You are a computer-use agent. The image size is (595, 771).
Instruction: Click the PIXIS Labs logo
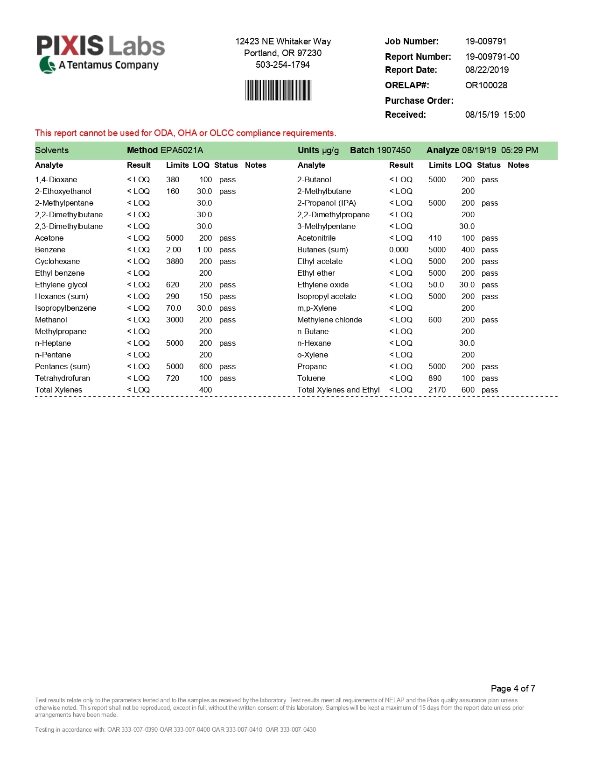tap(100, 54)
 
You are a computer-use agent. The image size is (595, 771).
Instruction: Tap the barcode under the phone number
tap(279, 90)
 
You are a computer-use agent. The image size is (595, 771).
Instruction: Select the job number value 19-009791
tap(486, 42)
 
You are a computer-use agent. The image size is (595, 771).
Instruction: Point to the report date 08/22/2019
tap(487, 70)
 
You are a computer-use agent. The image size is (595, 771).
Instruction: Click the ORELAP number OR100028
tap(486, 86)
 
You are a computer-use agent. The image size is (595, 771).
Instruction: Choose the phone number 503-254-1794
tap(282, 65)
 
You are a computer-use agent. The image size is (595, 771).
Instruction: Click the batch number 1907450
tap(393, 150)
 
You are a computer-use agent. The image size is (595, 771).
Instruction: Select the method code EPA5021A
tap(182, 150)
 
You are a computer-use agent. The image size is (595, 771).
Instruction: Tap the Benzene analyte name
tap(50, 250)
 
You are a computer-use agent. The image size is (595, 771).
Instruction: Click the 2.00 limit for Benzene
tap(174, 250)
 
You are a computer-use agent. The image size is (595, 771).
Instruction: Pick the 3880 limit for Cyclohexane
tap(175, 262)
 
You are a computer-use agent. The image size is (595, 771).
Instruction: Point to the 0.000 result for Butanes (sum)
tap(399, 250)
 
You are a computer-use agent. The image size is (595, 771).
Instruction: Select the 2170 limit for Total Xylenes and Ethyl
tap(437, 390)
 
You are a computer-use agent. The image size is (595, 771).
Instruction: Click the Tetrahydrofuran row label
tap(63, 378)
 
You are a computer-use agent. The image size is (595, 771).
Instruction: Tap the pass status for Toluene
tap(490, 378)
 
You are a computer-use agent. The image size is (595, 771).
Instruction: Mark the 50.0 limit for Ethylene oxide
tap(436, 285)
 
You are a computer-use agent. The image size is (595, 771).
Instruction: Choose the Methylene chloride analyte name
tap(329, 320)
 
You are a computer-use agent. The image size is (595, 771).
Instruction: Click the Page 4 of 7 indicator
tap(513, 688)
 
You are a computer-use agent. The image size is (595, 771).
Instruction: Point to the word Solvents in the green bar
tap(52, 150)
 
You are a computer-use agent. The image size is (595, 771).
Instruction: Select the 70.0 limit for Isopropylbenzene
tap(174, 308)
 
